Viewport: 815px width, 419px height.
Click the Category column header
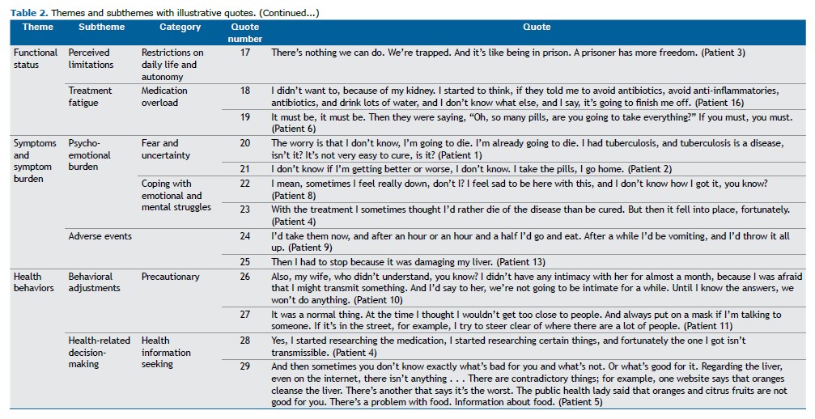tap(180, 27)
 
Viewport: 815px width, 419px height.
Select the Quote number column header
tap(245, 32)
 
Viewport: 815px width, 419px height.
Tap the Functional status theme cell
tap(35, 58)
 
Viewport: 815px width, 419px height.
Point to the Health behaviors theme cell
tap(35, 282)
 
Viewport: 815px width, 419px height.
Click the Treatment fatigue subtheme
tap(90, 96)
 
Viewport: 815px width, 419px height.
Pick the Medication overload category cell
tap(164, 96)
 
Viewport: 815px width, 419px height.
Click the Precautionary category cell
tap(170, 277)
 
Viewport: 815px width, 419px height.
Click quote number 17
tap(245, 53)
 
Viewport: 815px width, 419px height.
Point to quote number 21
tap(245, 168)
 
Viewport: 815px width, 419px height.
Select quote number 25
tap(245, 261)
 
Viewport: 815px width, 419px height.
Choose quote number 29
tap(245, 366)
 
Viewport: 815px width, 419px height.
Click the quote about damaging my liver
tap(408, 262)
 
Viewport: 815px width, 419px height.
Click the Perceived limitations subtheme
tap(91, 58)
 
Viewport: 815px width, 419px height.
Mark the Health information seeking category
tap(167, 352)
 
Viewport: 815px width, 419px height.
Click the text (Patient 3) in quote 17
tap(722, 53)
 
